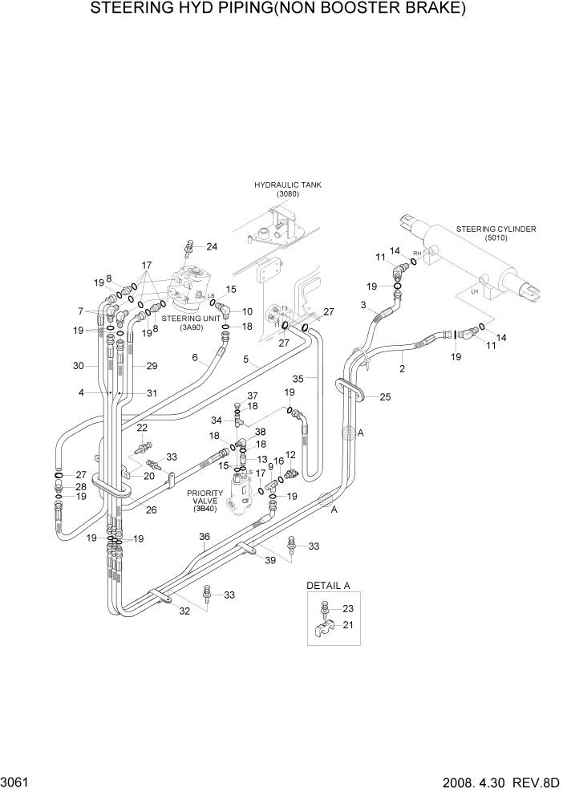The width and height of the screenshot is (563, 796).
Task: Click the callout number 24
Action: (x=212, y=246)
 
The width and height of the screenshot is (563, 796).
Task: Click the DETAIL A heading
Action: (x=328, y=586)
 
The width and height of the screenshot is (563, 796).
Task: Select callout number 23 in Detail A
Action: (x=346, y=608)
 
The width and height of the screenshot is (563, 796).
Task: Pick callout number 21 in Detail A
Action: (x=347, y=625)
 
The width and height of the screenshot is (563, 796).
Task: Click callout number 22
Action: (x=142, y=428)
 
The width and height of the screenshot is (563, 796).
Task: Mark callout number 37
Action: (x=252, y=396)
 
